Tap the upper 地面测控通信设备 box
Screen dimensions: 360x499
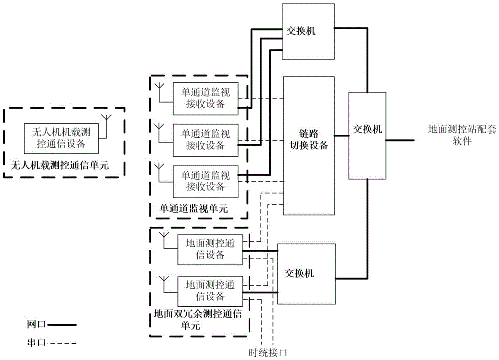210,249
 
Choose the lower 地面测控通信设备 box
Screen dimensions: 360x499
210,290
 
